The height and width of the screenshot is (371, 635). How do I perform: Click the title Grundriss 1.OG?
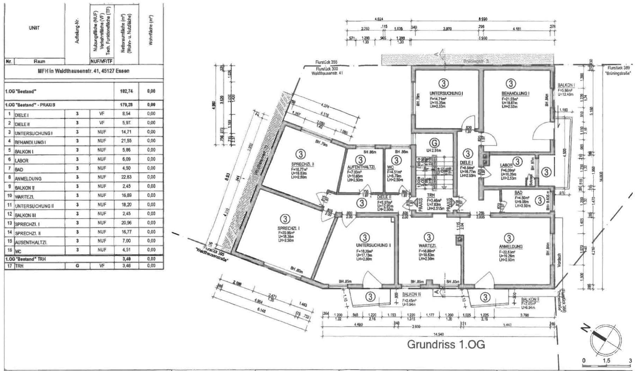446,344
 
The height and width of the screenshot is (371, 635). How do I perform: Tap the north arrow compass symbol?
606,337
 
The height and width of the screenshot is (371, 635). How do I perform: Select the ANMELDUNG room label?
510,247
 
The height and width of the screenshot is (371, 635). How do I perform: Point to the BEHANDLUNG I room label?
515,93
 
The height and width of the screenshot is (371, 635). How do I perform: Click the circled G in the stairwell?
435,143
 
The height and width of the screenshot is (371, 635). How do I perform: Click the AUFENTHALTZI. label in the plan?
361,167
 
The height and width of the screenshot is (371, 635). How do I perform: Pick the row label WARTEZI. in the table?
24,196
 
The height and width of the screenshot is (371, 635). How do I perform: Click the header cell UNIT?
34,28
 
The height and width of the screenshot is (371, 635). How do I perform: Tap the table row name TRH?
19,266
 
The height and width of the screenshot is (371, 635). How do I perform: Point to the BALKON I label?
566,85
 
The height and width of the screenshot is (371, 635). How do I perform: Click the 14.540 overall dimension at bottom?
439,334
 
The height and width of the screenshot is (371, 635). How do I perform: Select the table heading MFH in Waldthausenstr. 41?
84,71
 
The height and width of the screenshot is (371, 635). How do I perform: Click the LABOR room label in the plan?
506,165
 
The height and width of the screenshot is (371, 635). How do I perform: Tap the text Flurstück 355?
326,62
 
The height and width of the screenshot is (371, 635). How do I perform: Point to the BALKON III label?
412,294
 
